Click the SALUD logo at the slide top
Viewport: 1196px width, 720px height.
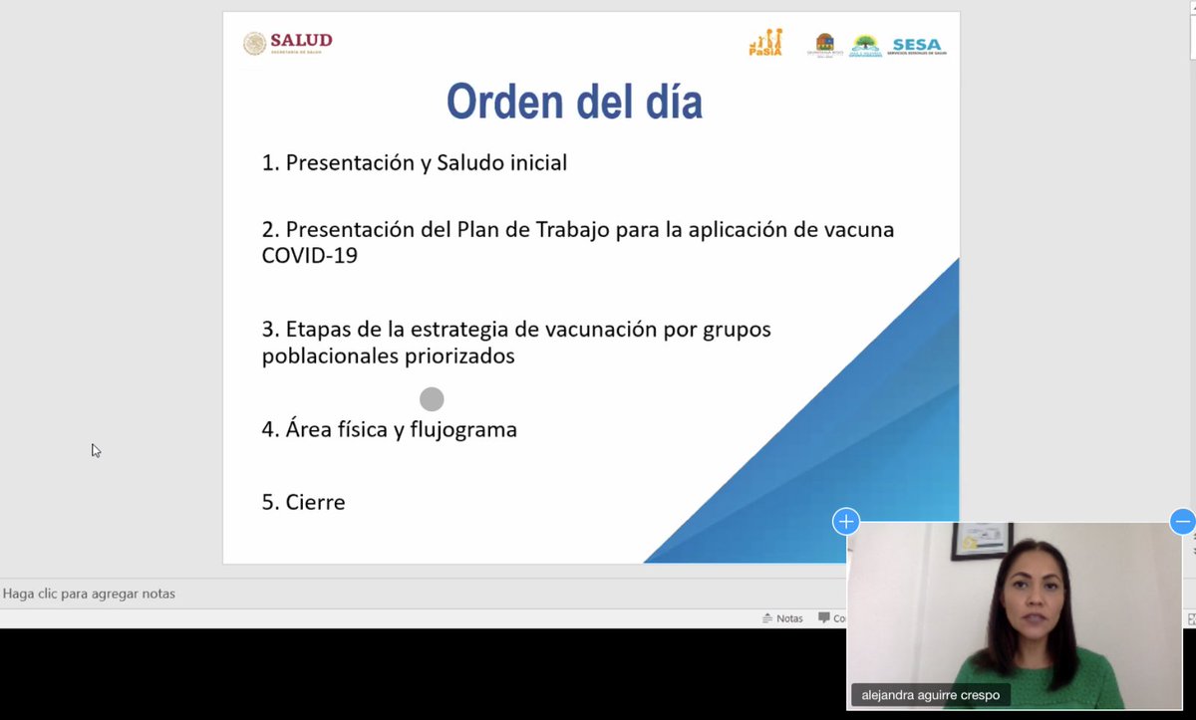[288, 43]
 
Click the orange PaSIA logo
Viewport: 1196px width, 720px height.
[765, 42]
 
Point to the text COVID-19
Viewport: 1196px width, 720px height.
[309, 256]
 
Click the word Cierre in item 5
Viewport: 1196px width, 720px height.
[315, 503]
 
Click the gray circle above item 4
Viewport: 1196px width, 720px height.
[432, 399]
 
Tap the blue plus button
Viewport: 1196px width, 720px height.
[846, 521]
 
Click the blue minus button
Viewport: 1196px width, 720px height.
[1182, 521]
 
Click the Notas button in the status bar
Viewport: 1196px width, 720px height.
[782, 618]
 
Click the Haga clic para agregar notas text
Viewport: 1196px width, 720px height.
[89, 594]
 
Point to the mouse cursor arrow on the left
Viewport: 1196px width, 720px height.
[96, 450]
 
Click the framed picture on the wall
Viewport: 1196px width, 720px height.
[981, 544]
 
